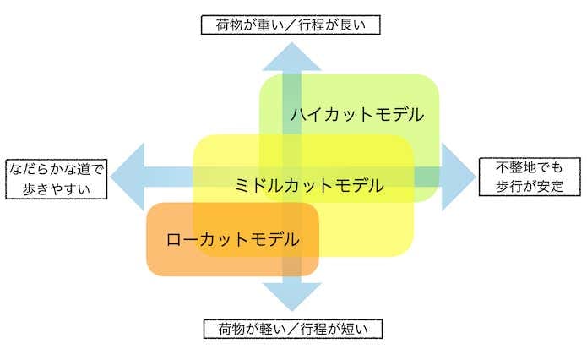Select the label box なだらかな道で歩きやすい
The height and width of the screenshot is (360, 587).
tap(57, 177)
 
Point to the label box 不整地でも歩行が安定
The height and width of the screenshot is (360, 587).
tap(528, 177)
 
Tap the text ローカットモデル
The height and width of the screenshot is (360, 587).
tap(232, 240)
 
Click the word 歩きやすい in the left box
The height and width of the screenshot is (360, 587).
tap(57, 188)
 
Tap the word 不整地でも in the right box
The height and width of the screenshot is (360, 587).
tap(528, 166)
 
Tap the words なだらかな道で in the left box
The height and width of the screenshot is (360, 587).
tap(57, 168)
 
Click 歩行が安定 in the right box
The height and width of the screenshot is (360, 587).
tap(528, 187)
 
